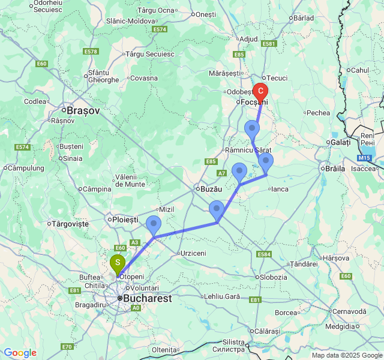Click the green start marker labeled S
click(117, 263)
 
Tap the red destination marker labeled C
click(260, 91)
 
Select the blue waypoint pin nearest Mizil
click(154, 224)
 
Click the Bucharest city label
click(148, 298)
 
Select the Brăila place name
click(335, 169)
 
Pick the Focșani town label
click(253, 102)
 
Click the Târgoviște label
click(70, 224)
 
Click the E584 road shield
click(264, 254)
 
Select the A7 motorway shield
click(222, 173)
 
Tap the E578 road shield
click(91, 52)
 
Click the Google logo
click(20, 353)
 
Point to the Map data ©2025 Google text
click(346, 355)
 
